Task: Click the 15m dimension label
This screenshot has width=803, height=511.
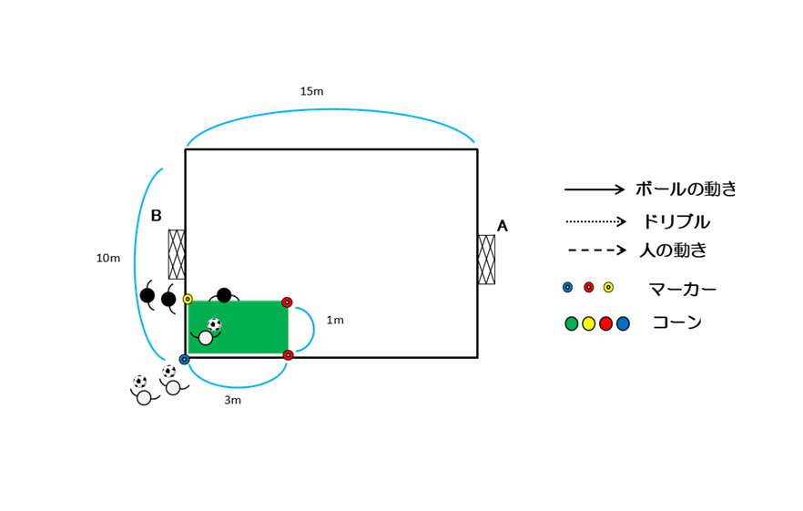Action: point(311,91)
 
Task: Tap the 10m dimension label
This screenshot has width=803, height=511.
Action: point(108,259)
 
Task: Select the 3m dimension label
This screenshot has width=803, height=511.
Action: point(232,400)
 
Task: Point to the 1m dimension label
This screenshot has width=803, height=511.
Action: point(335,321)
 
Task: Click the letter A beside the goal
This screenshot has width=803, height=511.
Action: point(502,226)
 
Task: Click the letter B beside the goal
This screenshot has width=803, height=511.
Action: point(156,216)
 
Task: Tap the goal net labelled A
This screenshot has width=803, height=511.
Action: point(486,260)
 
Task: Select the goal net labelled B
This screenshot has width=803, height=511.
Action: point(177,254)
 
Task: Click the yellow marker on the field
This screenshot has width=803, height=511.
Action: point(188,299)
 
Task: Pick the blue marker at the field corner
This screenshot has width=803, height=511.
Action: point(184,359)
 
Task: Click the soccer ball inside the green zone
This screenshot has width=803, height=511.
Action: point(215,324)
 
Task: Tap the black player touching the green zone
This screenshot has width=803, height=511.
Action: point(224,295)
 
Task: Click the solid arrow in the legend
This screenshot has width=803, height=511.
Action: point(595,189)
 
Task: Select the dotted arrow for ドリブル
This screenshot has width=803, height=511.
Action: point(595,221)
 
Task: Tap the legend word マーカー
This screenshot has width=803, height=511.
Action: point(682,290)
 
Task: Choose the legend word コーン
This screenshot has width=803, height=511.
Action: point(675,322)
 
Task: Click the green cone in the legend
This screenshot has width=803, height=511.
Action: point(572,323)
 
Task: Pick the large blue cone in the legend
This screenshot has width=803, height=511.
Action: point(623,323)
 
